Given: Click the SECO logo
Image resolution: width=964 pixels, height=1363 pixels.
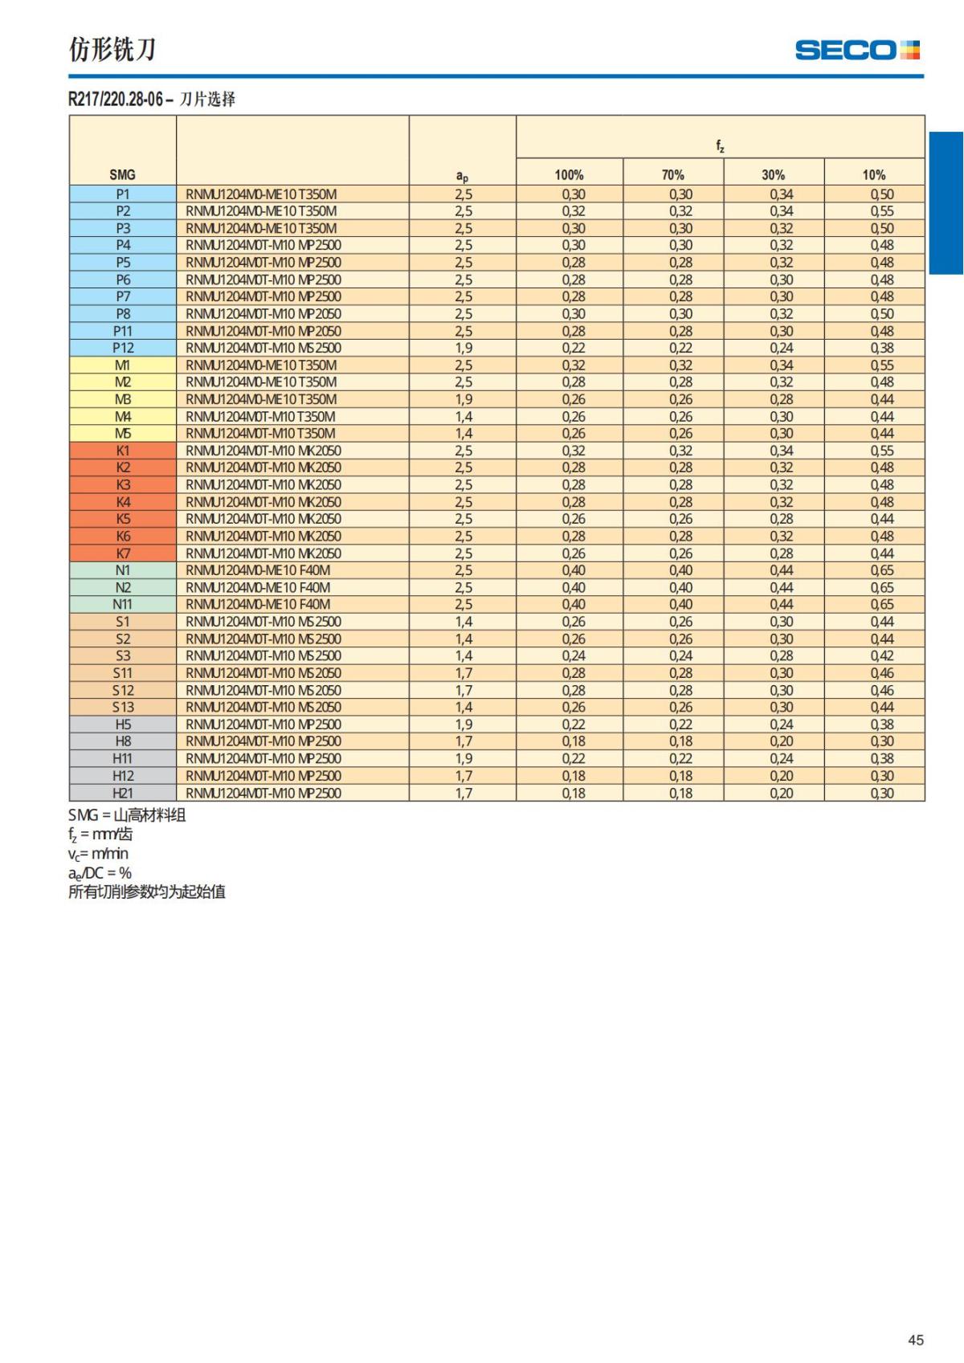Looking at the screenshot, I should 856,51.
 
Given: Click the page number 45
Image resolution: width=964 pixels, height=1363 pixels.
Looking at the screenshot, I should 915,1340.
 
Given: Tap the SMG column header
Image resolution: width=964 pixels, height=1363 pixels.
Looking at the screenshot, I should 122,174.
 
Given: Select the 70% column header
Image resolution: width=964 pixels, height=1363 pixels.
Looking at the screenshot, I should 673,174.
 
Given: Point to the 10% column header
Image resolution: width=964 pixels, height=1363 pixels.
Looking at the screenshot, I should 874,174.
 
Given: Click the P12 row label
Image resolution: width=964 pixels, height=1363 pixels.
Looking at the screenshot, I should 123,348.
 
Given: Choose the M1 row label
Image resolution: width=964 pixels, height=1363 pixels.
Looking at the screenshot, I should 123,365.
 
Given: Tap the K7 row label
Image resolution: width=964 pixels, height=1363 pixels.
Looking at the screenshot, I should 123,553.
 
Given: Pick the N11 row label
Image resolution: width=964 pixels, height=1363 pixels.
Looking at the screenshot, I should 123,604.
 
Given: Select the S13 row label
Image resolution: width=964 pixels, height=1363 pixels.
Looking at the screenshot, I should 123,707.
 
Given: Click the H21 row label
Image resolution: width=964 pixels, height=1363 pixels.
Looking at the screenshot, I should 123,793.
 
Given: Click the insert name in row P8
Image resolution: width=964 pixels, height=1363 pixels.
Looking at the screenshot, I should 263,314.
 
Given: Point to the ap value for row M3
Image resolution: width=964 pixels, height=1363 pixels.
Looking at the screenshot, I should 464,399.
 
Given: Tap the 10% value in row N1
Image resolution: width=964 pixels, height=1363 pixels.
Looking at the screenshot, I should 882,570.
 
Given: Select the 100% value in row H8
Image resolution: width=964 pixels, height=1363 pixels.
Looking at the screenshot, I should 574,741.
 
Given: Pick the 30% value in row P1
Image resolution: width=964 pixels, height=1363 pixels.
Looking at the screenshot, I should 781,194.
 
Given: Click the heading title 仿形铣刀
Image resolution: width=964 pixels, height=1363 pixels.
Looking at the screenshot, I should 112,50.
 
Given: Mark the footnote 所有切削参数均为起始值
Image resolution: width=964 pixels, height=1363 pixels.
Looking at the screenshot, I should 147,892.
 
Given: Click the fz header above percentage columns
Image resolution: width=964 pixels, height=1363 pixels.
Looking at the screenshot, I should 720,146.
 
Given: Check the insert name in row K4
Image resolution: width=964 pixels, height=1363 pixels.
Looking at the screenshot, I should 263,502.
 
